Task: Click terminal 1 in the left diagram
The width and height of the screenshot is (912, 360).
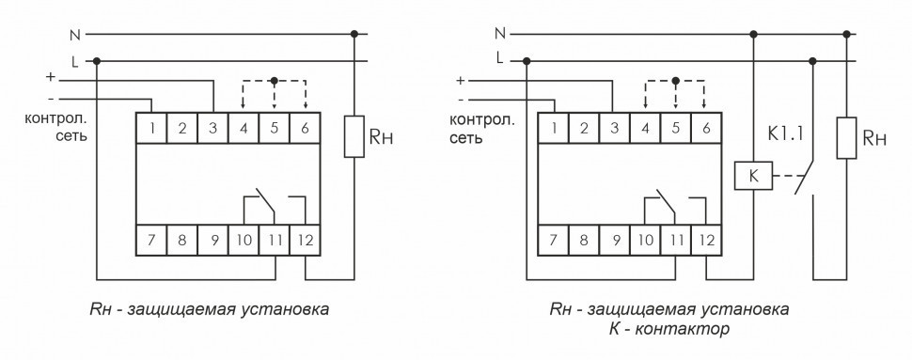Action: pos(151,126)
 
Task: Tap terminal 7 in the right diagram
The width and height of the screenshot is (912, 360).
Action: pos(553,240)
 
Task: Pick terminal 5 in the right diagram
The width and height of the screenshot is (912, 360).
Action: pos(675,126)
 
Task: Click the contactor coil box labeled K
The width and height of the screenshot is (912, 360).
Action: pos(753,174)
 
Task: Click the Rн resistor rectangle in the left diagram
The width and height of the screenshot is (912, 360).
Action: pos(354,137)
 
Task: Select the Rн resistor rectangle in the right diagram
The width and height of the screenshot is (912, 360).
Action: pos(848,137)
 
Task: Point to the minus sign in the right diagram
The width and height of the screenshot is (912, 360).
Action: pos(461,99)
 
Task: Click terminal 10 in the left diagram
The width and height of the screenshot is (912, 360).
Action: pos(244,240)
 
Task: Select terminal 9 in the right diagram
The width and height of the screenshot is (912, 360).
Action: pos(615,240)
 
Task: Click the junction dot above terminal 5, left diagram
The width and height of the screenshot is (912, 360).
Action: pos(275,81)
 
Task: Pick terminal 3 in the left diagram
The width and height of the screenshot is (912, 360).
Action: pos(213,126)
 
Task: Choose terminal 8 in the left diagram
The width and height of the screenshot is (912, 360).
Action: pos(182,240)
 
